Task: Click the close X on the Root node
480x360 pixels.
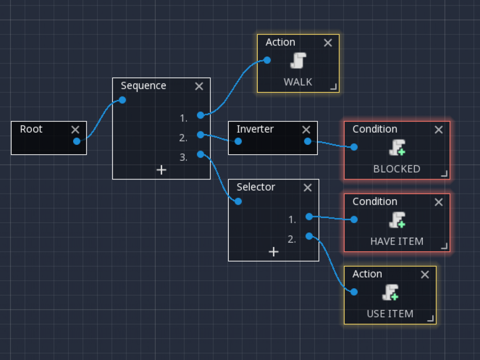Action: [x=75, y=130]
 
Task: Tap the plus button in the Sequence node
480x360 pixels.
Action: [x=161, y=170]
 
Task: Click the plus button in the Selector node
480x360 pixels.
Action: [x=273, y=252]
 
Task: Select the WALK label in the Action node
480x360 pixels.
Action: [x=298, y=82]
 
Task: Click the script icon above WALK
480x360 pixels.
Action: [x=298, y=61]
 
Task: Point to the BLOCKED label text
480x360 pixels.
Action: [x=397, y=169]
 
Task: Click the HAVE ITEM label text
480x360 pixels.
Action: [x=397, y=241]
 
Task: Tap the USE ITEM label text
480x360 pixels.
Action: [x=390, y=314]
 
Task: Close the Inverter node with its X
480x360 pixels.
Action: [x=306, y=130]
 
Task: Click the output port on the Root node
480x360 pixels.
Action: [x=77, y=141]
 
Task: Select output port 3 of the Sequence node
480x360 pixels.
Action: [x=201, y=154]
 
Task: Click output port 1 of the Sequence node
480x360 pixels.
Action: [x=201, y=115]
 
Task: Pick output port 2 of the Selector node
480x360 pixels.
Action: [x=309, y=236]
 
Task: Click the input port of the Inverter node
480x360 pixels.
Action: [x=238, y=141]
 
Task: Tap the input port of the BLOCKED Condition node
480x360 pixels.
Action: [x=354, y=147]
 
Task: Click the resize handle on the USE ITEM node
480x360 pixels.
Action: [x=430, y=319]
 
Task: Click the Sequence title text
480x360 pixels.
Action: [x=143, y=86]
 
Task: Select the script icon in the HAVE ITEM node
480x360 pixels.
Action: [x=397, y=220]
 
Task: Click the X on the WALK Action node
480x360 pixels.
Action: [x=328, y=43]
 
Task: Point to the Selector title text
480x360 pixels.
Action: [x=255, y=187]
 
